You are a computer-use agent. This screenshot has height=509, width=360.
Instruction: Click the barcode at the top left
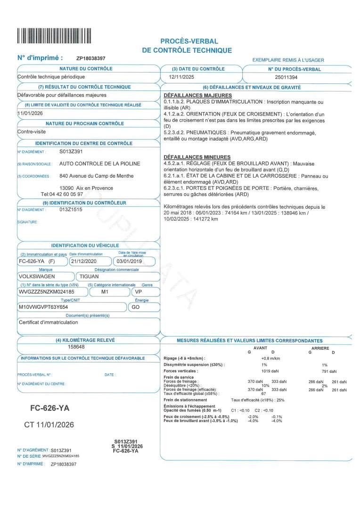point(54,36)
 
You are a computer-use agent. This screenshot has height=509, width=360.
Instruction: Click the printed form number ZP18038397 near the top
point(91,58)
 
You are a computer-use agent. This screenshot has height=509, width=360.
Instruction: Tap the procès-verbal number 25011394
point(286,77)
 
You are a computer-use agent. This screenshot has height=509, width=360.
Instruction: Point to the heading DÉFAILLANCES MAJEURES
point(191,96)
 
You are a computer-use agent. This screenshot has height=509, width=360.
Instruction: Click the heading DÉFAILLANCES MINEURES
point(190,157)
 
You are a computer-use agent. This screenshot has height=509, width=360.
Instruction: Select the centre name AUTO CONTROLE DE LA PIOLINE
point(100,164)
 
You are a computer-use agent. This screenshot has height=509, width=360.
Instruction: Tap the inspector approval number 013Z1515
point(71,210)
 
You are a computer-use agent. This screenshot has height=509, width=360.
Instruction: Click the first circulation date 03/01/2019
point(129,261)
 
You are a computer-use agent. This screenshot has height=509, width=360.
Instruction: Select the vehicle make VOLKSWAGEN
point(36,277)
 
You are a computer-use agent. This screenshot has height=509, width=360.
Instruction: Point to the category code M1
point(106,292)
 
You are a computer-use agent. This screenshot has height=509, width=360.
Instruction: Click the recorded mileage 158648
point(76,347)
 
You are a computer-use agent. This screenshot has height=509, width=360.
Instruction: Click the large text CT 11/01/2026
point(49,425)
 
